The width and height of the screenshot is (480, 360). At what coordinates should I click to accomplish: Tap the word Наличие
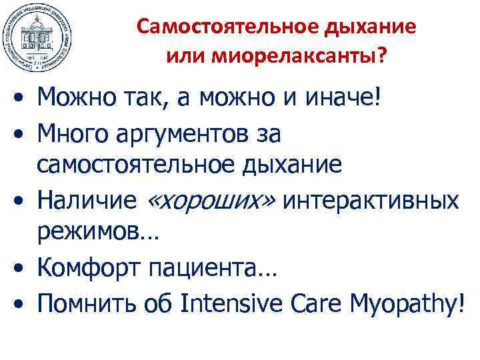pos(83,199)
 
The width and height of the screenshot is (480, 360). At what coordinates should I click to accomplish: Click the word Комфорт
pos(87,269)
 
